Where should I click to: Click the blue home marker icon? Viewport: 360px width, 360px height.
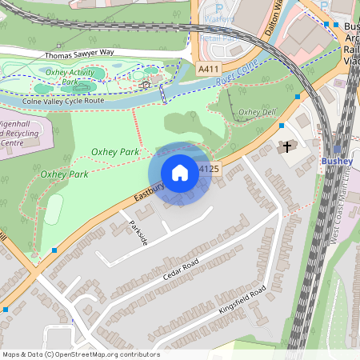click(180, 173)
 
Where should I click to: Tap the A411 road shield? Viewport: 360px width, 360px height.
click(209, 70)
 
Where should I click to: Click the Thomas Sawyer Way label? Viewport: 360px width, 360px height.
click(79, 54)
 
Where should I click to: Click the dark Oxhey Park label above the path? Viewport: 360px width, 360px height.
click(116, 151)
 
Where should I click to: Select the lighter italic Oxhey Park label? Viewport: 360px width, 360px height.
click(64, 174)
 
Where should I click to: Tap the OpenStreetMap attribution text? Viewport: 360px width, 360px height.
click(81, 354)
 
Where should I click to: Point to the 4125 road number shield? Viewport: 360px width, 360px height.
click(209, 169)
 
